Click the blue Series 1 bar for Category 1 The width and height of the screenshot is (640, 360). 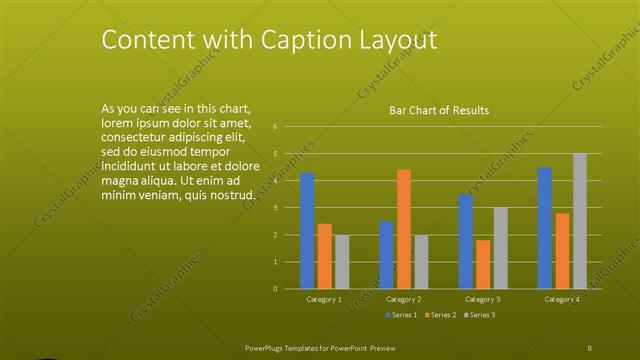(307, 231)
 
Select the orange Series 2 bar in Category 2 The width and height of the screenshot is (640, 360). (403, 229)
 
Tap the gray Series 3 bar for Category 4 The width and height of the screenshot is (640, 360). (580, 221)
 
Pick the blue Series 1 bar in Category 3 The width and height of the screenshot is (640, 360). (465, 241)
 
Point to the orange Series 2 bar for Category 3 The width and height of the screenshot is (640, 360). (483, 264)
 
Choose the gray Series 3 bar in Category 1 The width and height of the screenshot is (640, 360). (342, 262)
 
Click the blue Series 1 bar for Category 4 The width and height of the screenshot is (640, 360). (544, 228)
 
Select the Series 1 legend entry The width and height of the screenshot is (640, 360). (401, 315)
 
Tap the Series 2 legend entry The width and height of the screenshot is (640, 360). (440, 315)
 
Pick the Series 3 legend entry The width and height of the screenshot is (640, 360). (479, 315)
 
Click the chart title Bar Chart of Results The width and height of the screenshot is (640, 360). (439, 110)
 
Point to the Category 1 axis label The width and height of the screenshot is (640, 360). (324, 299)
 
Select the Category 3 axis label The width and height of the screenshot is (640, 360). (483, 299)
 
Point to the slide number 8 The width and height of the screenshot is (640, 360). (590, 347)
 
